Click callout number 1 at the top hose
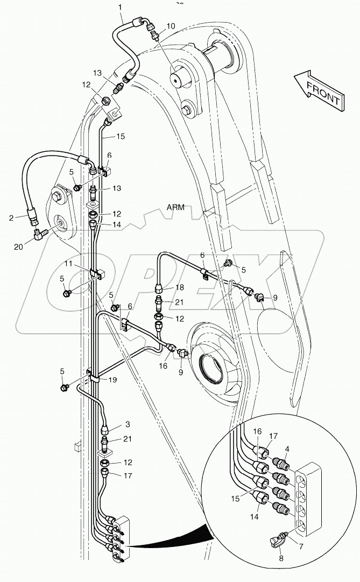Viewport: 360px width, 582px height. (x=121, y=8)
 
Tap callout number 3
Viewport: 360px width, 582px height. (x=128, y=424)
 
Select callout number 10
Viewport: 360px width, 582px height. (x=171, y=26)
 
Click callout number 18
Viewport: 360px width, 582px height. (x=180, y=288)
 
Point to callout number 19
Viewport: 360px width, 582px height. (x=113, y=380)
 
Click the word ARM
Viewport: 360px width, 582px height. (x=177, y=208)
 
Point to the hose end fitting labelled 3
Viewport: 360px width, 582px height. (x=106, y=429)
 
